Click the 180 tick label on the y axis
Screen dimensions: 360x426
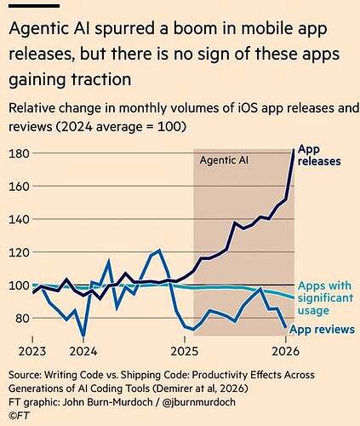point(20,153)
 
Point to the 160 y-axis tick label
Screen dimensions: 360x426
point(20,187)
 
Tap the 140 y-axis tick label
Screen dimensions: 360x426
point(20,220)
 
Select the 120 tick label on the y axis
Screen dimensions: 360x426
point(20,252)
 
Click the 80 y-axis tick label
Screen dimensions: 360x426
point(23,319)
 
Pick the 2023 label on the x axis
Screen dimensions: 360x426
point(32,352)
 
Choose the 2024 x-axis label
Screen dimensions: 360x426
point(83,352)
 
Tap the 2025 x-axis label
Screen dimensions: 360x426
point(185,352)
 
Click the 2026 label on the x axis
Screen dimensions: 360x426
point(285,352)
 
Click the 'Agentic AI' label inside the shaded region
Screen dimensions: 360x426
point(224,160)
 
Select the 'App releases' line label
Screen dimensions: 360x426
point(319,155)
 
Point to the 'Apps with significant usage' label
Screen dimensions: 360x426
point(326,298)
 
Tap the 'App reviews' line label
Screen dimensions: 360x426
point(322,330)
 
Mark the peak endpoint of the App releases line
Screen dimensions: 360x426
point(294,149)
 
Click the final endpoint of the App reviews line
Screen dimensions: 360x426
point(285,327)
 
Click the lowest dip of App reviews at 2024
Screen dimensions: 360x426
point(83,335)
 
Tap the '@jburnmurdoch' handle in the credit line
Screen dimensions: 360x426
point(198,402)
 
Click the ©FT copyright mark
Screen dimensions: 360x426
point(19,416)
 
